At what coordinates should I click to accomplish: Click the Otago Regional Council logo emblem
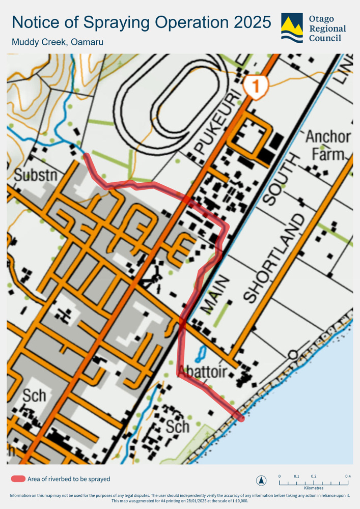tap(292, 27)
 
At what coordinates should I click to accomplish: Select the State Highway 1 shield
tap(255, 84)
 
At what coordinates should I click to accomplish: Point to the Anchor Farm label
tap(328, 145)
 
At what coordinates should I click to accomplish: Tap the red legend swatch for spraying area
tap(18, 479)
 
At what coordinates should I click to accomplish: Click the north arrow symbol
tap(261, 480)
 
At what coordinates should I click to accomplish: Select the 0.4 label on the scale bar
tap(347, 476)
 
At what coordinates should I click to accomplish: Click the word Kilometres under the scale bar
tap(313, 488)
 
